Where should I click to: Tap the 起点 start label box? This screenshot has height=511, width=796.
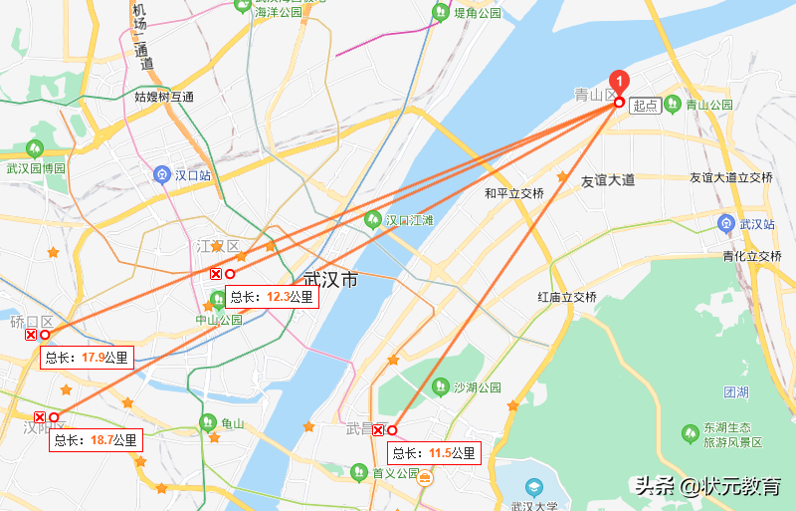point(645,105)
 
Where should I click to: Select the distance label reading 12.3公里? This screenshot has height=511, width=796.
point(272,296)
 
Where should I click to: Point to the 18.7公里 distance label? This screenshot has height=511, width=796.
point(97,439)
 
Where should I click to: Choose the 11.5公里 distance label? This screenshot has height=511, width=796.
point(434,453)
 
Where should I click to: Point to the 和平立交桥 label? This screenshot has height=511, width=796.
point(513,193)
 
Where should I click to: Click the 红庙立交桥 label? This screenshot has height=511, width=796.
point(566,297)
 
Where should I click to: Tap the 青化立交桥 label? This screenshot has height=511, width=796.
point(751,256)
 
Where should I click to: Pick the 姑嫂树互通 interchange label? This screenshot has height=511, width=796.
point(164,97)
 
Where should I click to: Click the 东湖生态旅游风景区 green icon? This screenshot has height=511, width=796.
point(690,432)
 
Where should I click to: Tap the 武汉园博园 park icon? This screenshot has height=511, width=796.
point(35,149)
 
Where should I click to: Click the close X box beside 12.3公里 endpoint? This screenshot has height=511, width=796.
point(215,274)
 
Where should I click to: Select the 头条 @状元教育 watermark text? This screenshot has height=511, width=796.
point(707,486)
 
